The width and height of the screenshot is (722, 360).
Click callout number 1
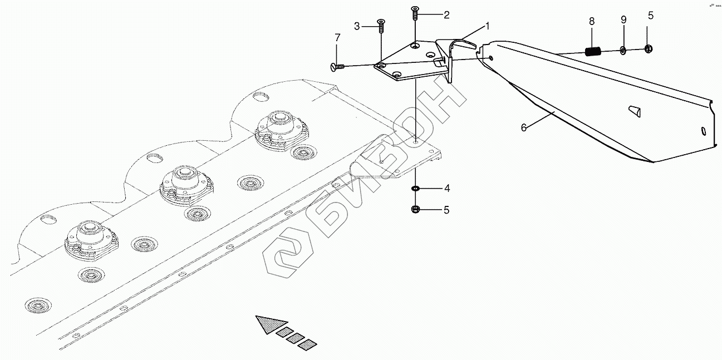tap(487, 26)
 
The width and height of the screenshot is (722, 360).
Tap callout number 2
tap(446, 15)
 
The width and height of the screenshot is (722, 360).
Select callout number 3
tap(357, 26)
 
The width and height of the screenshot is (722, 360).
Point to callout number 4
tap(446, 189)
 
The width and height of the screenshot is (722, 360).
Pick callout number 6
tap(523, 127)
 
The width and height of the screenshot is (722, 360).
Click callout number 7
tap(337, 38)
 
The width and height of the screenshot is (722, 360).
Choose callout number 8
tap(592, 21)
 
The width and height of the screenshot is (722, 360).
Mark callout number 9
tap(623, 19)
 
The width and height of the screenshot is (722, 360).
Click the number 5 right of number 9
tap(650, 16)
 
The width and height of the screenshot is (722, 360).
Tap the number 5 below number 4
tap(446, 210)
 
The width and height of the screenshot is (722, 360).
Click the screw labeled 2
tap(415, 12)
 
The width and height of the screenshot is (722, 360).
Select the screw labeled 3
tap(381, 24)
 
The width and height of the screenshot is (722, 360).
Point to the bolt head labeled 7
tap(334, 67)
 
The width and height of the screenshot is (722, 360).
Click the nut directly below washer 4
tap(415, 210)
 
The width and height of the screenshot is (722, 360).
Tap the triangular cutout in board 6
tap(635, 111)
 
